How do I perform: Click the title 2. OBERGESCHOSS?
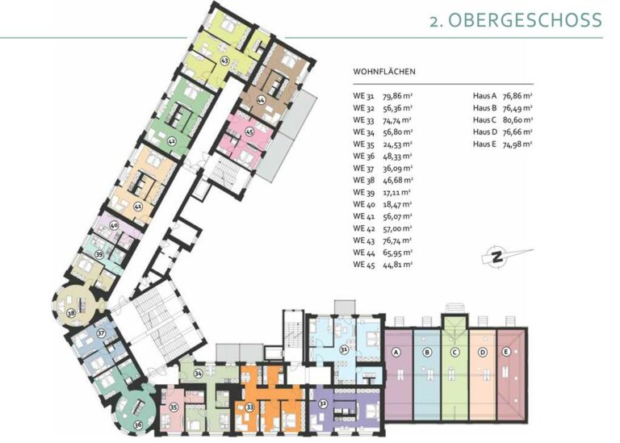(x=516, y=19)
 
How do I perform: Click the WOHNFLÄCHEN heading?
(x=384, y=72)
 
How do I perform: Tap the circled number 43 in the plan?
(x=224, y=61)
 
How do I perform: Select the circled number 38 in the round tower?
(x=71, y=313)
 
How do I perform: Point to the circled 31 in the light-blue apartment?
(x=345, y=349)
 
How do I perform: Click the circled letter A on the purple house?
(x=396, y=352)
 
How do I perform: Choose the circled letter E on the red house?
(x=506, y=352)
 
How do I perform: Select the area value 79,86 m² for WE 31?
(x=398, y=96)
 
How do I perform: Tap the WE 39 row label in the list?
(x=363, y=192)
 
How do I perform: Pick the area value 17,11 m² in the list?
(x=397, y=193)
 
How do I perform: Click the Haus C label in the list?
(x=484, y=119)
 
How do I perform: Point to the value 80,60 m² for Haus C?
(x=517, y=119)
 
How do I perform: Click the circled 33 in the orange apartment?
(x=249, y=407)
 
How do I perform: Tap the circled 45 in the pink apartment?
(x=249, y=132)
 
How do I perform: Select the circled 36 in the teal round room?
(x=138, y=425)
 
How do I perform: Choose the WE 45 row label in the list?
(x=363, y=265)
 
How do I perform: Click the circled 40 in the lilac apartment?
(x=114, y=226)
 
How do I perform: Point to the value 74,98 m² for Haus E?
(x=517, y=144)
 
